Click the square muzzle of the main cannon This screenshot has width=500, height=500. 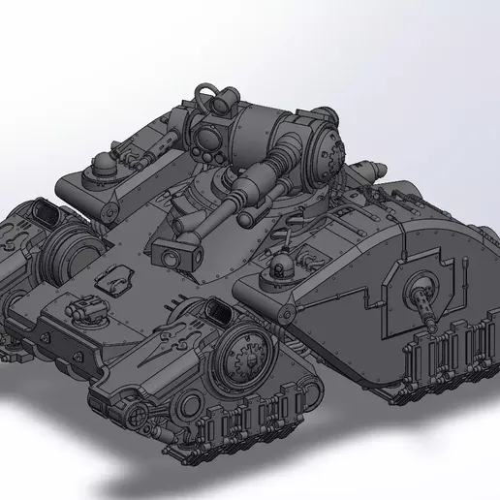[x=170, y=258]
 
